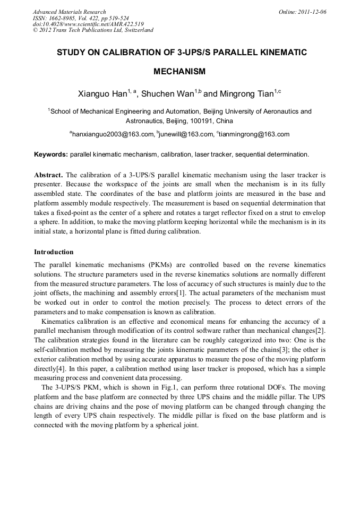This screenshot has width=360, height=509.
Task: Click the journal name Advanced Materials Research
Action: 69,12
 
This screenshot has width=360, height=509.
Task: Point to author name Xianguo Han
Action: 101,94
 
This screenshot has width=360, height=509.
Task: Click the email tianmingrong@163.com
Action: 254,134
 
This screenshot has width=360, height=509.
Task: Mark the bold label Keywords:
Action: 51,154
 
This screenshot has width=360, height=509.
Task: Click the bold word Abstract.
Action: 49,175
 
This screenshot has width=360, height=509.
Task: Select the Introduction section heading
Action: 54,252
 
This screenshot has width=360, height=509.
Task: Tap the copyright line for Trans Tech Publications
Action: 93,30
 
